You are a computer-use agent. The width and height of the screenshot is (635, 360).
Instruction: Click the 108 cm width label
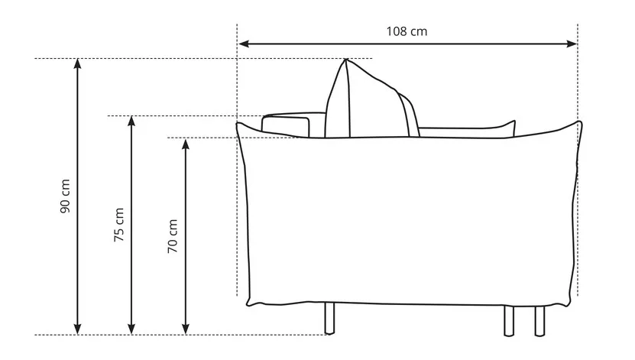pos(407,31)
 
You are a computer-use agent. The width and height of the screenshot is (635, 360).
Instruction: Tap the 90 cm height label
pos(65,196)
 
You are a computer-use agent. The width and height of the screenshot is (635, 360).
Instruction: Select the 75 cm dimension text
pos(119,225)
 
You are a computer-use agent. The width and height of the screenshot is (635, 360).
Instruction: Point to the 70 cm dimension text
pos(173,236)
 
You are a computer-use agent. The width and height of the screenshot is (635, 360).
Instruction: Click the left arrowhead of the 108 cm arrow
pos(244,44)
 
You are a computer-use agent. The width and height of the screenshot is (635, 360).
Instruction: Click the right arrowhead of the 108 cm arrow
pos(572,44)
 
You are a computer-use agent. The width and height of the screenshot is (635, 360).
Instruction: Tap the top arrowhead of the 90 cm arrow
pos(77,64)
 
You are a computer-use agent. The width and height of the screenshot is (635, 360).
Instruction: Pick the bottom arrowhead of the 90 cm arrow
pos(77,329)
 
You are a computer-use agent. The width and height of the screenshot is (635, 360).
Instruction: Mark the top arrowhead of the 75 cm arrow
pos(131,122)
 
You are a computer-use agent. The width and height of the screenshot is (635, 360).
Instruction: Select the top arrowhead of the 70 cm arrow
pos(186,144)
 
